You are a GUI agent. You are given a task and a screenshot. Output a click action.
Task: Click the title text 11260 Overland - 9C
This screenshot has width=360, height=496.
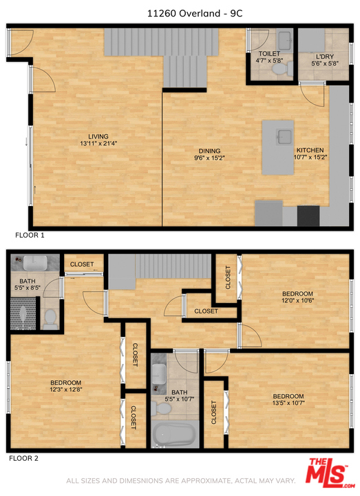click(x=195, y=13)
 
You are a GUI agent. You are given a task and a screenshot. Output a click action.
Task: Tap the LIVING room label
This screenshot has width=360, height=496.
click(x=98, y=136)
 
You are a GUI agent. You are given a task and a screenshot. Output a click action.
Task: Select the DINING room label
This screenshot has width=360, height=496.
click(x=209, y=151)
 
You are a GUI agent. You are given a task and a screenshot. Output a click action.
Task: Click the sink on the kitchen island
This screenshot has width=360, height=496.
click(x=284, y=136)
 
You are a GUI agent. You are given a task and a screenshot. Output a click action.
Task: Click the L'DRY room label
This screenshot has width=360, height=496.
click(x=325, y=56)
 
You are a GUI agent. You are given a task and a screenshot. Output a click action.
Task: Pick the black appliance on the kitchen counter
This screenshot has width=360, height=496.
click(x=308, y=216)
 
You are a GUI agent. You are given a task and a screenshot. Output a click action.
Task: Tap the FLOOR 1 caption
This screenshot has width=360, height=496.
click(x=30, y=235)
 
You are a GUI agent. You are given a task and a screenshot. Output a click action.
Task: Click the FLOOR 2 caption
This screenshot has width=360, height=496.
click(x=23, y=458)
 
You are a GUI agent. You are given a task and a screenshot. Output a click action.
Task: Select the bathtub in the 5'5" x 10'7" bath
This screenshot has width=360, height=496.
click(x=173, y=434)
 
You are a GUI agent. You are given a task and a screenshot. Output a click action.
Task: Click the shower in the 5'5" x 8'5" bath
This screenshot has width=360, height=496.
click(x=23, y=313)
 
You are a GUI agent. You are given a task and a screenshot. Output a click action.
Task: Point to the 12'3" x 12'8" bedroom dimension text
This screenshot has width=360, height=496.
click(x=66, y=389)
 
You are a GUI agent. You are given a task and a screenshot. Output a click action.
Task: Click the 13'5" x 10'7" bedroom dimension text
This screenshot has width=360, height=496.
click(x=288, y=403)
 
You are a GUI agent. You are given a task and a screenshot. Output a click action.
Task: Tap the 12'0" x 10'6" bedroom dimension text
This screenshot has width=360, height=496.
click(x=297, y=300)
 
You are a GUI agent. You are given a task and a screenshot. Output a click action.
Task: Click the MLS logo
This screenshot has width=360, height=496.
click(x=329, y=473)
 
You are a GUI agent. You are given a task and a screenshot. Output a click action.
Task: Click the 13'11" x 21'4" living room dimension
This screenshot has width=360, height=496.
click(x=98, y=143)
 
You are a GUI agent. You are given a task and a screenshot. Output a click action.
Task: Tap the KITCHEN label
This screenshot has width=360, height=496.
click(x=310, y=150)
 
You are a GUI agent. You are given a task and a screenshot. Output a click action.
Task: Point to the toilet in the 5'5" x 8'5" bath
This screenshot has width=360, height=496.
click(x=50, y=318)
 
